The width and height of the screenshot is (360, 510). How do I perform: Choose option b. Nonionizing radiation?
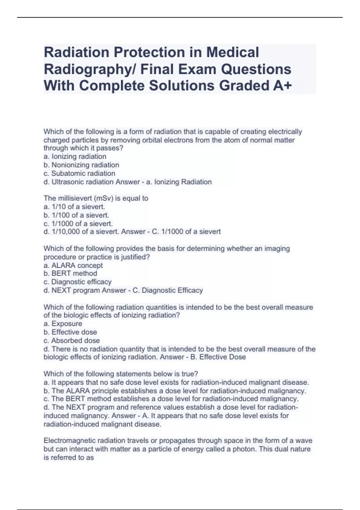tap(81, 165)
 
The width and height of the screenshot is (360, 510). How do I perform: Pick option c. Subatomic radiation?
tap(79, 173)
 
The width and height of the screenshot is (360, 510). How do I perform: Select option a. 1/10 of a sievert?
tap(74, 207)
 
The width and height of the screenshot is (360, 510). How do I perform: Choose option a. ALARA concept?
tap(73, 265)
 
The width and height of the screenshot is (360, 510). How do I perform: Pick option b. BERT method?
tap(70, 273)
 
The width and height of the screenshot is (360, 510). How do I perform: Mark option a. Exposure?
tap(63, 324)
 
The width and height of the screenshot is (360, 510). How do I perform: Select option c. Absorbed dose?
tap(72, 340)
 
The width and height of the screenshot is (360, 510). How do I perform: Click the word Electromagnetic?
tap(69, 441)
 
